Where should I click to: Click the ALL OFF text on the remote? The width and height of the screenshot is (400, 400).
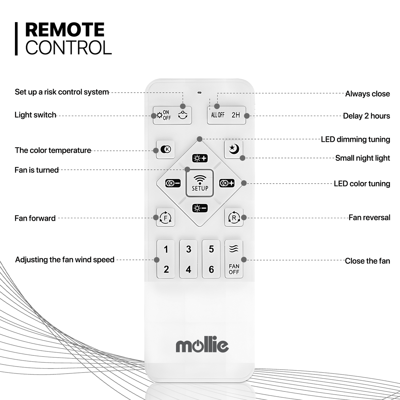point(218,115)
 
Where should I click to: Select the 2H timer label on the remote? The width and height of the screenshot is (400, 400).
point(236,115)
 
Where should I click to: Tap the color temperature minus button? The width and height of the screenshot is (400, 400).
point(173,183)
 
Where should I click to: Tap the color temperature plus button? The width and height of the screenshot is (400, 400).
point(227,183)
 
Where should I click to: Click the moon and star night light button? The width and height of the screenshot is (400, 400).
point(234,149)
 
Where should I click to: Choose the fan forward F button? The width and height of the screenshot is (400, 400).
point(166,218)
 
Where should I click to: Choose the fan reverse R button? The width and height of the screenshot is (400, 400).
point(234,218)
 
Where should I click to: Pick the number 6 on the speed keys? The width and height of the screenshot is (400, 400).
point(211,269)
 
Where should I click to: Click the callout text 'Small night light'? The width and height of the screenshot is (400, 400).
point(362,158)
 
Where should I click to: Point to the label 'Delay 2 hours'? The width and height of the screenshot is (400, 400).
point(366,116)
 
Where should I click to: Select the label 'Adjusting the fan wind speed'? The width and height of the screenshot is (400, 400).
point(65,260)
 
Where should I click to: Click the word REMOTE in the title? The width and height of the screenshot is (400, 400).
point(65,30)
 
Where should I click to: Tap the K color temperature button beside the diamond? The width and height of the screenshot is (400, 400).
point(166,149)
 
